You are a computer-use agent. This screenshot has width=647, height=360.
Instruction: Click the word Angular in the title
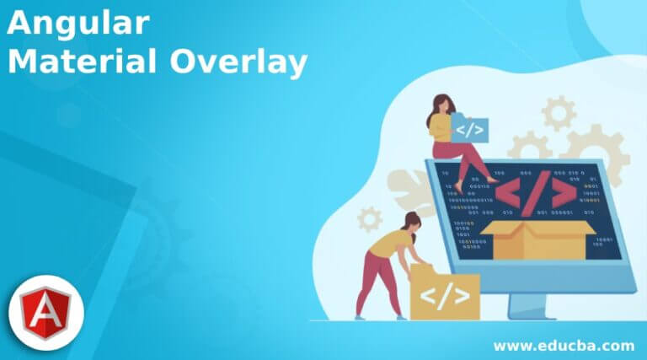point(78,24)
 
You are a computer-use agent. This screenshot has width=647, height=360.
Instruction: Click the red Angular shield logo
point(46,313)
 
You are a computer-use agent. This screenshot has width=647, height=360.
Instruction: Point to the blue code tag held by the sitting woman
point(469,129)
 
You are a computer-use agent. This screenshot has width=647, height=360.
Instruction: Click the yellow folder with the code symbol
point(443,294)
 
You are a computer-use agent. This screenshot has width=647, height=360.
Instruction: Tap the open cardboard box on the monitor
point(537,235)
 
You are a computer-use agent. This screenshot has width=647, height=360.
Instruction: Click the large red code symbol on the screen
point(534,194)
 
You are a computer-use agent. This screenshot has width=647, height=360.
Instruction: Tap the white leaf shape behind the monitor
point(409,191)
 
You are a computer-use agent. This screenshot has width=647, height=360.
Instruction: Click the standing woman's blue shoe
point(360,317)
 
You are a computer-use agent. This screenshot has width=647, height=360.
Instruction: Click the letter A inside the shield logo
point(46,313)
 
